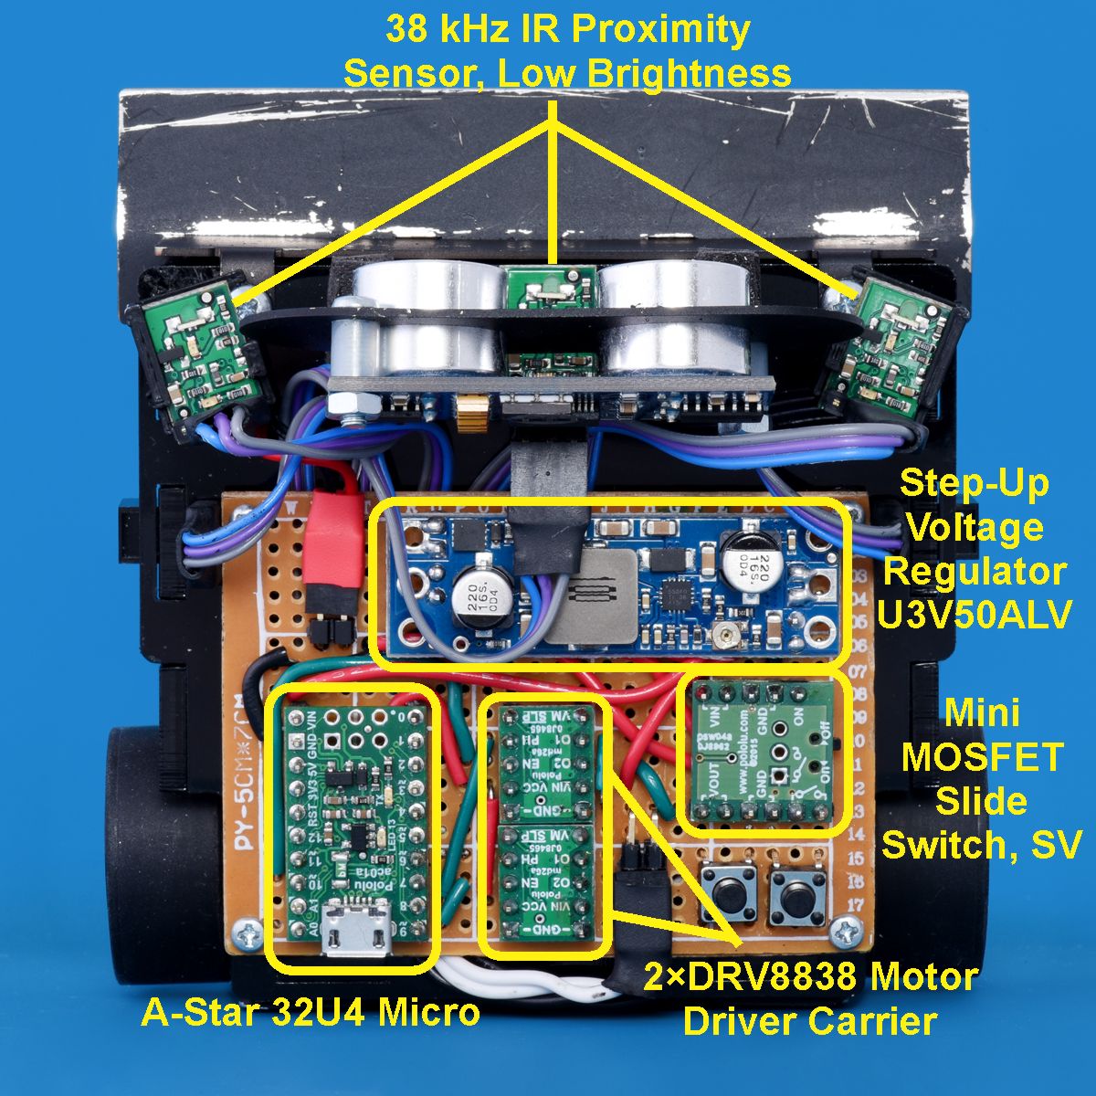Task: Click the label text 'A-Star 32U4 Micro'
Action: [311, 1012]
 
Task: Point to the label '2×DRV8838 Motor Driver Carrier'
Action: [811, 998]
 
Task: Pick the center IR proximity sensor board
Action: [551, 288]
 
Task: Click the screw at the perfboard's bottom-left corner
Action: [246, 933]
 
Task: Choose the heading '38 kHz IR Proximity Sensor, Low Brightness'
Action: [567, 50]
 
